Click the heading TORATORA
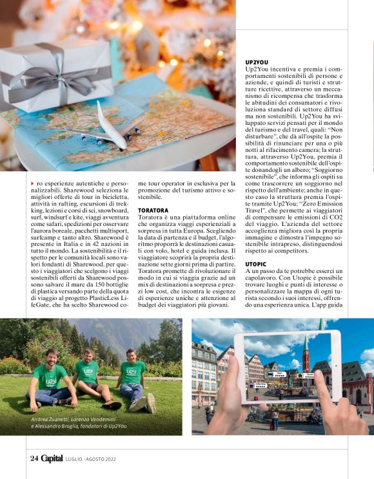pyautogui.click(x=153, y=211)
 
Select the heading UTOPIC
pyautogui.click(x=256, y=264)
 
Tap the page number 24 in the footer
pyautogui.click(x=34, y=458)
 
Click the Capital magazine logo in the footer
pyautogui.click(x=52, y=458)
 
